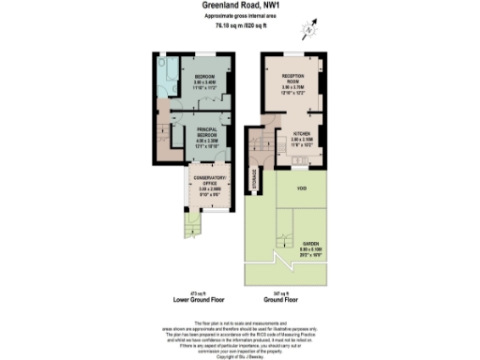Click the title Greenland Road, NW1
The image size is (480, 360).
(239, 6)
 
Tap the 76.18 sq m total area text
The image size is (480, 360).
(239, 27)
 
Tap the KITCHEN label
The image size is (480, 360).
(301, 141)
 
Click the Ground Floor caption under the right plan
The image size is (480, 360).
(288, 299)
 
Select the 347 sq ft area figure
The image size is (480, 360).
(288, 292)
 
